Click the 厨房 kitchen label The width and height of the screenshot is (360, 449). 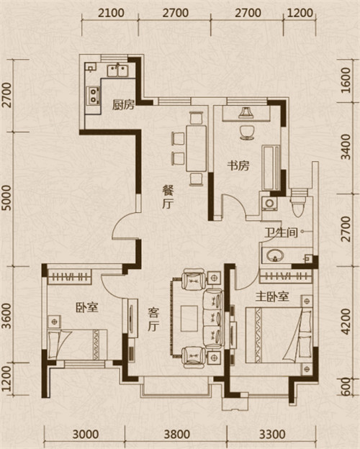coord(123,105)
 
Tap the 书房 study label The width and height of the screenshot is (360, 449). coord(238,165)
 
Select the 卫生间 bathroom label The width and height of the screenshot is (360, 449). coord(282,232)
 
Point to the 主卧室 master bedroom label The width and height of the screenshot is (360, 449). coord(272,296)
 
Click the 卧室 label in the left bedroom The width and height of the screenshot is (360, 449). coord(87,307)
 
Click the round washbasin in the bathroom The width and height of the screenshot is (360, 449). coord(275,255)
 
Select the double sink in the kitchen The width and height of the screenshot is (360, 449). coord(118,71)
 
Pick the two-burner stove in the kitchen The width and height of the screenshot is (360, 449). coord(94,95)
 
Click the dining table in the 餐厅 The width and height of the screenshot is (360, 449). coord(197,148)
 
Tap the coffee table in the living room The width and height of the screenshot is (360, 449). coord(189,319)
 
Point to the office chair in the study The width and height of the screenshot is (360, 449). coord(247,132)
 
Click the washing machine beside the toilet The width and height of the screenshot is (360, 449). coord(269,204)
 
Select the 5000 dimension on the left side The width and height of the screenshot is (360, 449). coord(7,198)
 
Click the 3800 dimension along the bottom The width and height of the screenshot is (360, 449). coord(177,435)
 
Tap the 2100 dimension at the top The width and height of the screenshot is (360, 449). coord(111,13)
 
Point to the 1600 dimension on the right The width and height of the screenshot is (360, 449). coord(346,80)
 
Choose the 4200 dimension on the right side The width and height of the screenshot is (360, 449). coord(346,322)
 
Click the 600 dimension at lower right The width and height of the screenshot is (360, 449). coord(347,386)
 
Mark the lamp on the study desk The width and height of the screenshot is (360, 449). coord(246,112)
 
